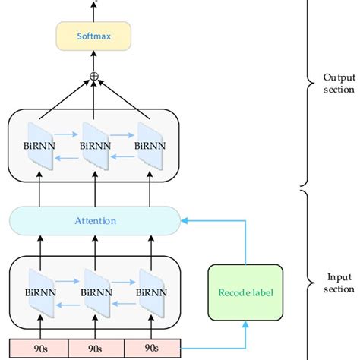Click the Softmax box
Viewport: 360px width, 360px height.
pos(94,34)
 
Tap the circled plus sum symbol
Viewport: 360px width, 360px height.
pos(94,76)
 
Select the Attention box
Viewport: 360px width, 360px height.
pos(94,221)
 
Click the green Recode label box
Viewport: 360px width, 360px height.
pos(245,292)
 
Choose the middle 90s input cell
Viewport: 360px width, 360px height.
pos(95,349)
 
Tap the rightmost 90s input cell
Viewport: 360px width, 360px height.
pos(151,349)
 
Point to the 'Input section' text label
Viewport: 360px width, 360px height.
pos(338,283)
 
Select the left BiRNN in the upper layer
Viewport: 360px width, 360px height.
pos(39,143)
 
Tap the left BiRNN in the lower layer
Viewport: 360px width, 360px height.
pos(39,291)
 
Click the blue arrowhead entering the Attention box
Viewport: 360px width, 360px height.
pos(184,221)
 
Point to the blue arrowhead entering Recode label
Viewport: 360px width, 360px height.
pos(245,324)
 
